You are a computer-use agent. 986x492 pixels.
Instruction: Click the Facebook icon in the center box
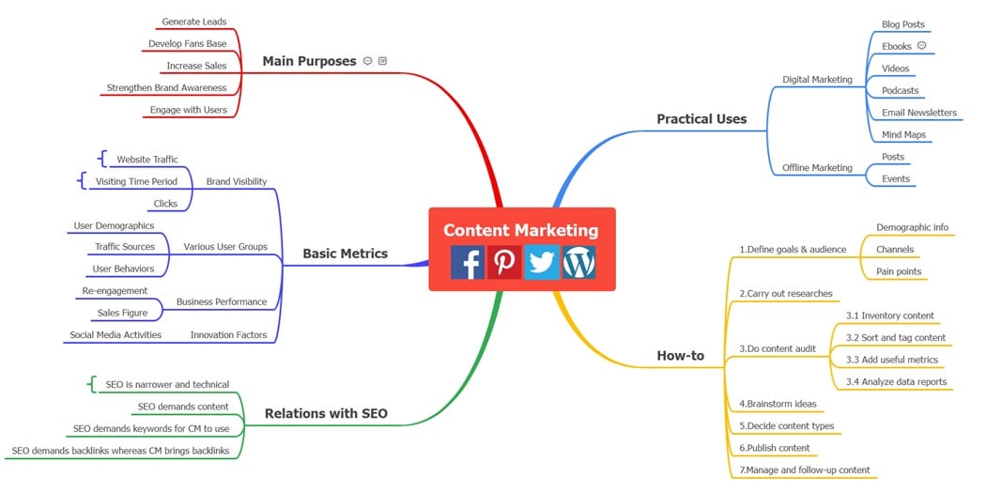tap(468, 262)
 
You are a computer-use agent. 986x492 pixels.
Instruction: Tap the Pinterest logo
tap(504, 262)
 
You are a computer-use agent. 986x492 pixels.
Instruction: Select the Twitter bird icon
tap(541, 262)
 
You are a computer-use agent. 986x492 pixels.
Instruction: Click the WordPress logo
tap(578, 262)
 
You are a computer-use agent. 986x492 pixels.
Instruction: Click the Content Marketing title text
tap(520, 230)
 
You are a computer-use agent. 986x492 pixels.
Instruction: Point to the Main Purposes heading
tap(309, 61)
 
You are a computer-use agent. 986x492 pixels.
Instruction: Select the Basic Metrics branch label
tap(345, 254)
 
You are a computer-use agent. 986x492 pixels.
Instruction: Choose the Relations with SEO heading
tap(326, 413)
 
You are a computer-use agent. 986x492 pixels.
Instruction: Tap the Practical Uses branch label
tap(701, 119)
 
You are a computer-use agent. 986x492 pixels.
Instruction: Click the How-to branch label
tap(680, 356)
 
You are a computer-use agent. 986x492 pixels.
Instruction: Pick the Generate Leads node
tap(193, 22)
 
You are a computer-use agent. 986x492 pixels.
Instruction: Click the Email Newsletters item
tap(918, 113)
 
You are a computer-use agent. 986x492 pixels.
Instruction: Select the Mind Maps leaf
tap(903, 135)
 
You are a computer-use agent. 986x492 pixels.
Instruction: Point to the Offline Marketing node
tap(817, 168)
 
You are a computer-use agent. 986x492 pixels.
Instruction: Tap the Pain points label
tap(898, 271)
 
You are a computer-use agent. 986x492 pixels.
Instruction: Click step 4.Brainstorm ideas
tap(778, 404)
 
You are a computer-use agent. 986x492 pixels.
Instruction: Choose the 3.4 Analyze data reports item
tap(896, 381)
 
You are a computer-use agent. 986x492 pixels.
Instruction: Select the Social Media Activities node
tap(116, 335)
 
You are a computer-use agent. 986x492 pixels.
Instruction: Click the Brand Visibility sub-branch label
tap(236, 182)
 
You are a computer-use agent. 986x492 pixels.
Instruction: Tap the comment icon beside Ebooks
tap(921, 45)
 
